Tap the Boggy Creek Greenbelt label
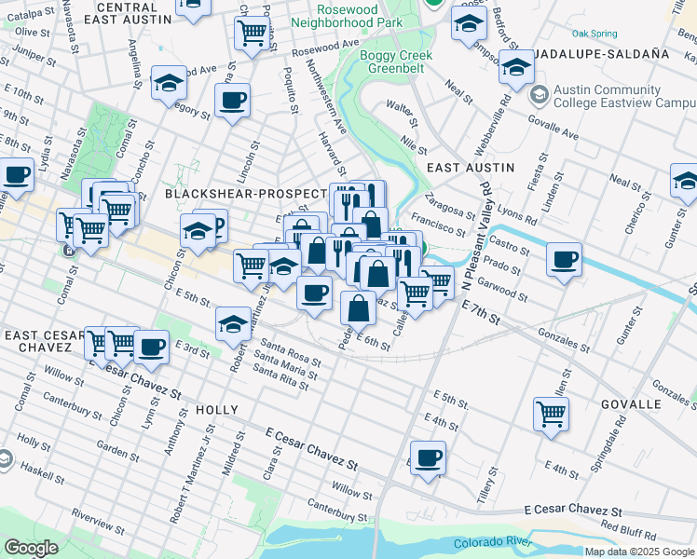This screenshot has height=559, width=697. click(397, 62)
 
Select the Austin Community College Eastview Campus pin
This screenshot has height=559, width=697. click(539, 95)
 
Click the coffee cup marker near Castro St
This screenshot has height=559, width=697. click(564, 260)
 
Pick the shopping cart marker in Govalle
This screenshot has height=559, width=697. click(551, 413)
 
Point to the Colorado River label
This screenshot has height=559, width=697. click(491, 543)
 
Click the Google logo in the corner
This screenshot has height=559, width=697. click(31, 548)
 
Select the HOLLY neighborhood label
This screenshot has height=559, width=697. click(216, 410)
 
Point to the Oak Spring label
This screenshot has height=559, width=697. click(594, 34)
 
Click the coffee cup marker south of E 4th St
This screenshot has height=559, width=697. click(428, 458)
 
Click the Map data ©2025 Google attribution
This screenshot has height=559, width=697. click(638, 552)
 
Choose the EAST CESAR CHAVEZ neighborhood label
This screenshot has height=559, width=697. click(36, 340)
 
